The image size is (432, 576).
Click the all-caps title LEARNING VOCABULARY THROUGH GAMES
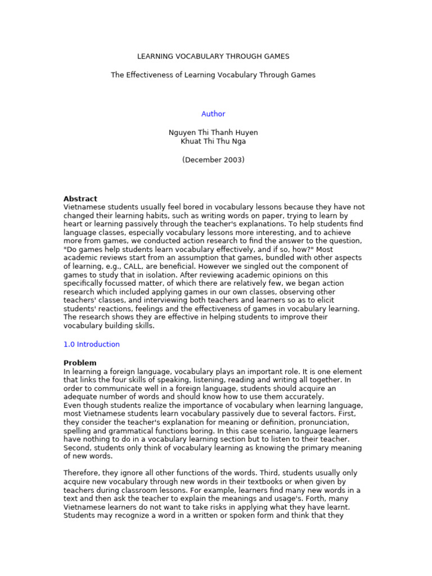point(213,57)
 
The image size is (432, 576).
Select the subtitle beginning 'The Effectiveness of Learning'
point(213,75)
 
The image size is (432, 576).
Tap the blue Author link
point(213,114)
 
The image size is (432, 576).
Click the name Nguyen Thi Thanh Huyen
point(213,133)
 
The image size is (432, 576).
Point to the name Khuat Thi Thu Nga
point(213,141)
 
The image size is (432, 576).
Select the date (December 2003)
point(213,160)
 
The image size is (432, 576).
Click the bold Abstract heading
point(80,199)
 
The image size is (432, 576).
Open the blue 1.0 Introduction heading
point(91,344)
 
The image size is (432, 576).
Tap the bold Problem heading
point(80,363)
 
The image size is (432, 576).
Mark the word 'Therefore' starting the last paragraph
point(82,473)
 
